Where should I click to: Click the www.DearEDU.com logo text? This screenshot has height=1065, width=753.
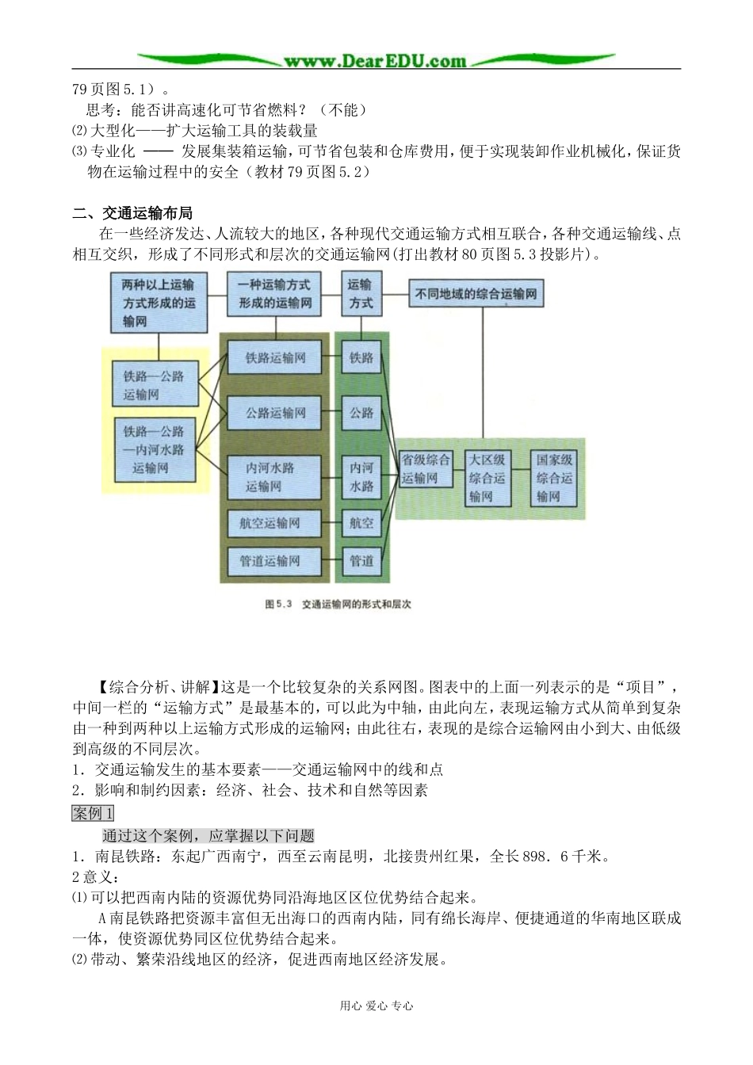[375, 60]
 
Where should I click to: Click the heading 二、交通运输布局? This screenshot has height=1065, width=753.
[132, 212]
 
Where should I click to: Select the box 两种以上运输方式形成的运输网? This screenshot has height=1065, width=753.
[159, 303]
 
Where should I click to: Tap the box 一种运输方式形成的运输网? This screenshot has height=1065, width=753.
[275, 294]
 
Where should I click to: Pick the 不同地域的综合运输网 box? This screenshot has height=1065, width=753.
[476, 294]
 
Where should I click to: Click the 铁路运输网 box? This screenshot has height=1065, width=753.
[275, 357]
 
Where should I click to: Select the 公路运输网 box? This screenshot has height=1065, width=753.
[275, 413]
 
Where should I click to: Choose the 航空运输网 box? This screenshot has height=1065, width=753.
[270, 523]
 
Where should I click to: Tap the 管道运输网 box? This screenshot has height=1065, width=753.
[270, 561]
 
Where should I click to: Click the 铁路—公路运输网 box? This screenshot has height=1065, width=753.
[154, 385]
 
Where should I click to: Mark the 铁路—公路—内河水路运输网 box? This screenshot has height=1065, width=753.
[154, 449]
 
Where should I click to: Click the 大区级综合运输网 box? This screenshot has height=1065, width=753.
[486, 478]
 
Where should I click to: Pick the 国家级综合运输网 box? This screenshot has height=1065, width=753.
[553, 478]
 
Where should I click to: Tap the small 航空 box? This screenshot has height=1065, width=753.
[361, 523]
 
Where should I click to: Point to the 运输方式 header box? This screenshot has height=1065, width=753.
[361, 294]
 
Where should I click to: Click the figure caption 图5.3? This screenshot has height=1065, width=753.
[338, 604]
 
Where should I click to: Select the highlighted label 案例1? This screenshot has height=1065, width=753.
[93, 813]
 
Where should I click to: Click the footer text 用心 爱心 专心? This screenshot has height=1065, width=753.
[376, 1006]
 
